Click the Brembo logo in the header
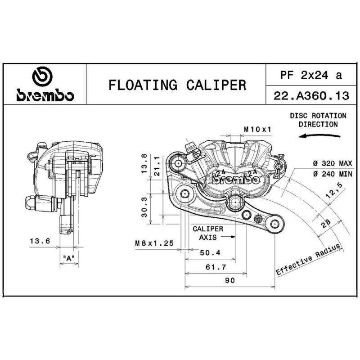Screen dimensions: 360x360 pos(45,84)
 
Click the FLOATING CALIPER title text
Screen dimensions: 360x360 pos(177,85)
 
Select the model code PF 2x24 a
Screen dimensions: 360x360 pos(311,75)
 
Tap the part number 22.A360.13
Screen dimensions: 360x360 pos(311,95)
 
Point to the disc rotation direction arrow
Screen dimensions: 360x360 pos(319,136)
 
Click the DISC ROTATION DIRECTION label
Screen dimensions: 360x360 pos(318,120)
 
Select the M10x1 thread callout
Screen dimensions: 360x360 pos(257,130)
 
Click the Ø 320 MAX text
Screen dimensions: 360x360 pos(333,163)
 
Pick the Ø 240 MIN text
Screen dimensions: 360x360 pos(333,174)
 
